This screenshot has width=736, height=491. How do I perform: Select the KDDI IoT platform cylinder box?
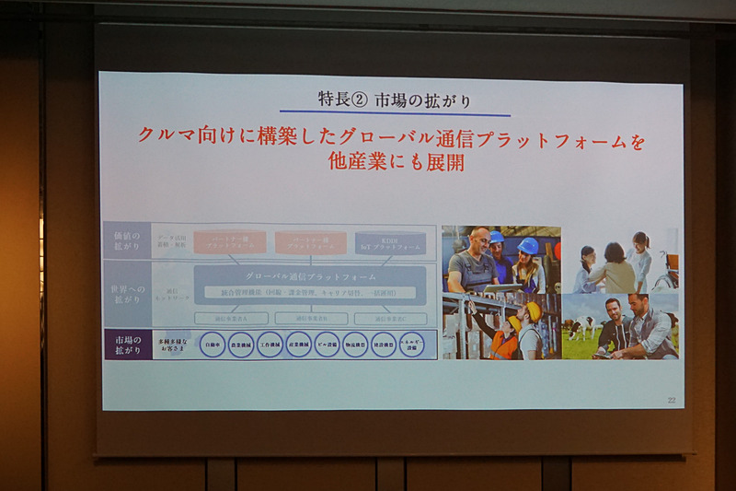pos(390,242)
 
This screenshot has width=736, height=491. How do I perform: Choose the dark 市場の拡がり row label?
pos(126,344)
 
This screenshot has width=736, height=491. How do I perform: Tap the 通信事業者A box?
pos(231,318)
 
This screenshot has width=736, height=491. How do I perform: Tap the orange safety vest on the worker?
pos(504,345)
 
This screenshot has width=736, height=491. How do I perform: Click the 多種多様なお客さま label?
pos(174,345)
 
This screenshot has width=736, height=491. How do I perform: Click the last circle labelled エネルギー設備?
pos(412,345)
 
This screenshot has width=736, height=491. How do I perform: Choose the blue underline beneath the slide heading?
pos(394,114)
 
